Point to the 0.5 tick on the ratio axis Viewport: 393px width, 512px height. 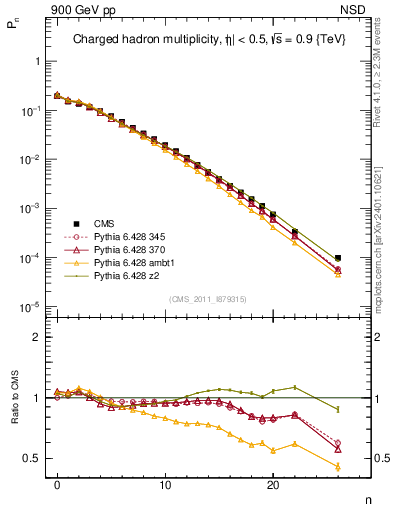point(32,458)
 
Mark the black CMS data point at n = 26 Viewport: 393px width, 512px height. point(338,258)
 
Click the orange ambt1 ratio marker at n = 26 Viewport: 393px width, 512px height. point(338,467)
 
